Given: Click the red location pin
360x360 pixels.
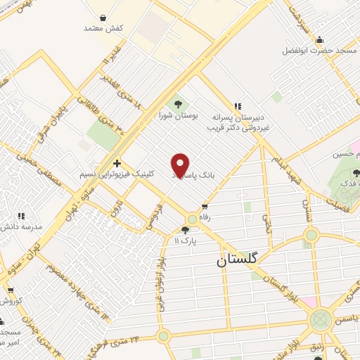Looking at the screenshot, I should click(181, 165).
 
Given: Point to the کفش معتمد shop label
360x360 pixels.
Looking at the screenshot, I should click(103, 27).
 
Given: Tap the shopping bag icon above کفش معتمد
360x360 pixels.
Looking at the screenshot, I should click(103, 17).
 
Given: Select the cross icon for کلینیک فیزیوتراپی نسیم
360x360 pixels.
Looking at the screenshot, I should click(117, 162).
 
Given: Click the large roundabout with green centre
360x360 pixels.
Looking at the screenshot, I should click(321, 321).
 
